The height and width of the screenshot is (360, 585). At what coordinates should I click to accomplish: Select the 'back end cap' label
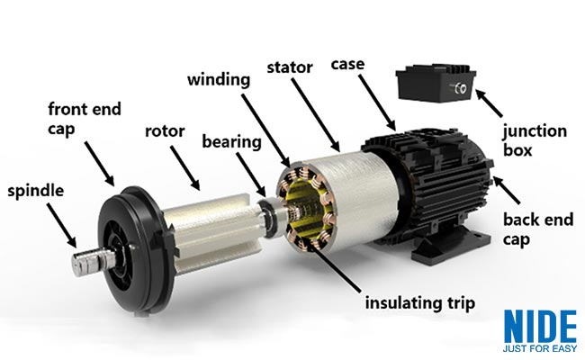coord(536,229)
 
